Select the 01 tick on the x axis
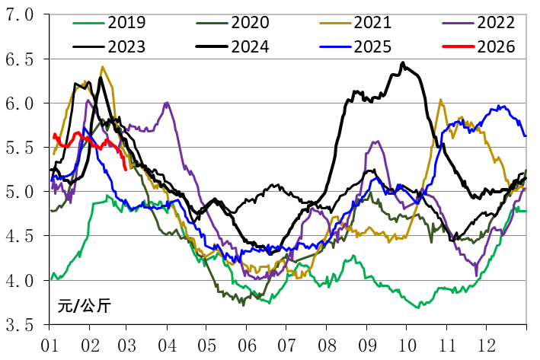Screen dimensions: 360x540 (x=50, y=342)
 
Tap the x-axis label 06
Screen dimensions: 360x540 (x=245, y=342)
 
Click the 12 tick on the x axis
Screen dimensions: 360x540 (x=484, y=342)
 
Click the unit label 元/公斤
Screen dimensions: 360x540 (x=84, y=307)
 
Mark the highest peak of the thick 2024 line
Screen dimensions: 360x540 (x=403, y=63)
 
